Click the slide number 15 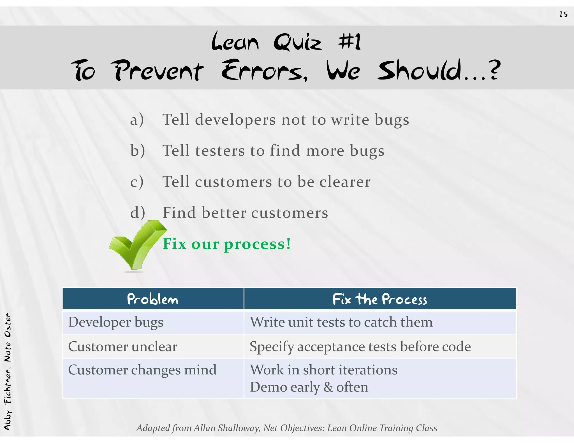[x=563, y=14]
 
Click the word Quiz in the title [x=298, y=42]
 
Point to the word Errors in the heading [x=264, y=71]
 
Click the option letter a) [x=137, y=120]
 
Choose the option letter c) [x=137, y=182]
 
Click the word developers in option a [x=235, y=120]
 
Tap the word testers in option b [x=220, y=151]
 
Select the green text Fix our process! [x=227, y=244]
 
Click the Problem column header [x=153, y=299]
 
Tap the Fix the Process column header [x=380, y=299]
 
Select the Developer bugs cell [x=116, y=322]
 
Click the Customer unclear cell [x=123, y=347]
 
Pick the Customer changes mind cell [x=142, y=370]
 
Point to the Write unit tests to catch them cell [x=341, y=322]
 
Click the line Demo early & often [x=309, y=387]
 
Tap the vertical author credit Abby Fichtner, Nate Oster [x=8, y=371]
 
